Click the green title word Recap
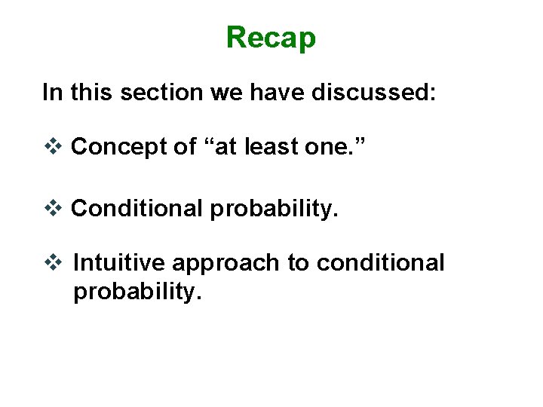click(x=271, y=37)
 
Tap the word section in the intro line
click(x=154, y=93)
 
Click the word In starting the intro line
click(x=53, y=93)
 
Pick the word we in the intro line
click(x=222, y=93)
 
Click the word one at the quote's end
click(x=335, y=148)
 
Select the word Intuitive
click(x=119, y=263)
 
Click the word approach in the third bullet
click(x=227, y=264)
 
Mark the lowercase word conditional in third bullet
click(x=380, y=263)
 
